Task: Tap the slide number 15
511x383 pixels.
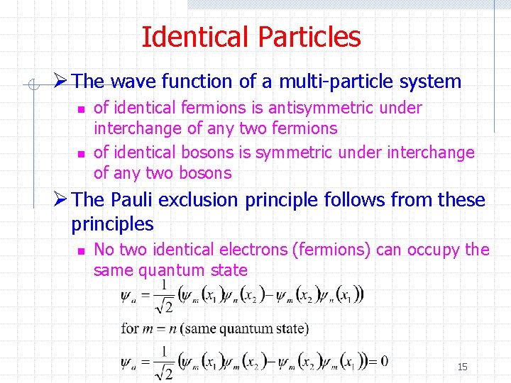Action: click(x=462, y=367)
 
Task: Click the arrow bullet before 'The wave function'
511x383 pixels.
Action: click(x=62, y=82)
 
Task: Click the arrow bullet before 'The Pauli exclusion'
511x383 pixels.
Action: click(x=62, y=200)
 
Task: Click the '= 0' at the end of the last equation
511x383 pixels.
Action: click(x=377, y=361)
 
